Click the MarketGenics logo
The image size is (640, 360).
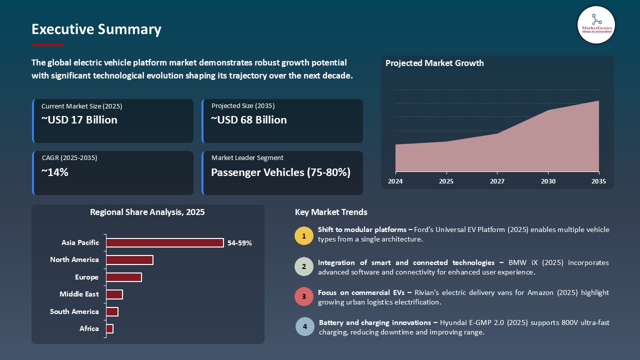click(x=596, y=24)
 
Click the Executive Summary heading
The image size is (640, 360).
click(x=96, y=29)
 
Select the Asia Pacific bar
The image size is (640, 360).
click(x=165, y=242)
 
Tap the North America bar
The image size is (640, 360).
click(x=129, y=260)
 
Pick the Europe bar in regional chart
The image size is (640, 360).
click(x=124, y=277)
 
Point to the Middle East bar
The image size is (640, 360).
click(x=114, y=294)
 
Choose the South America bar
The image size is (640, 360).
click(x=112, y=311)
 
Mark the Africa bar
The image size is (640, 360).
click(x=109, y=328)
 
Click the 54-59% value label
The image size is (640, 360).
click(x=239, y=243)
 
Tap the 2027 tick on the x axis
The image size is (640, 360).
click(x=497, y=181)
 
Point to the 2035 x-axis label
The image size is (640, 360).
click(x=598, y=181)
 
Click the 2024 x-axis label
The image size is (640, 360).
click(x=395, y=181)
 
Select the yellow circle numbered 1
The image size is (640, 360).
click(x=304, y=235)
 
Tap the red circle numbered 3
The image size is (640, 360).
click(x=304, y=296)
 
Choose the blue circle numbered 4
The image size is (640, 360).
click(x=305, y=326)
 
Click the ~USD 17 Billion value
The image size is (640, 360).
click(x=79, y=120)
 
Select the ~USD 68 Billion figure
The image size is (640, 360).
click(x=249, y=120)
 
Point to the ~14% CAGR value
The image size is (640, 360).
click(x=55, y=172)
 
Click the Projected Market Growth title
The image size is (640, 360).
click(x=434, y=63)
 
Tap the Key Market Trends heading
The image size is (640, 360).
click(x=331, y=212)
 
